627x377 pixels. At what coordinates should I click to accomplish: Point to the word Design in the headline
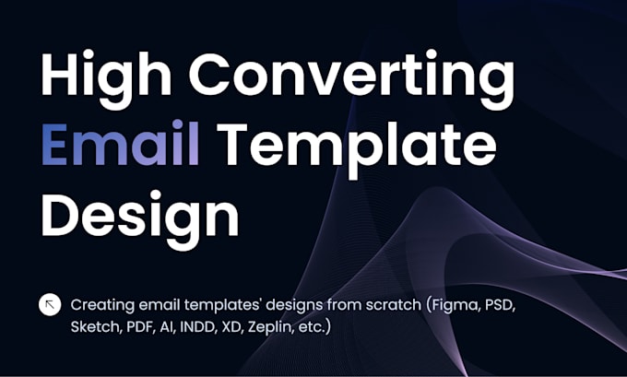[x=139, y=218]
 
